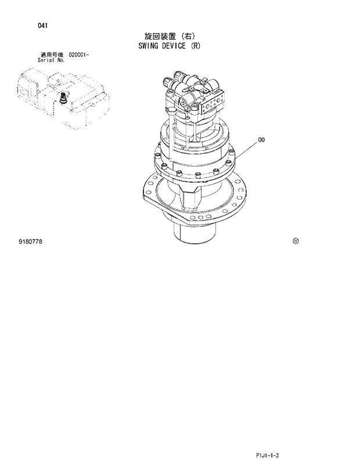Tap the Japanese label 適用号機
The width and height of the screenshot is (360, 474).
52,54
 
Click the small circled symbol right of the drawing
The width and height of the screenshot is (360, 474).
296,241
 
